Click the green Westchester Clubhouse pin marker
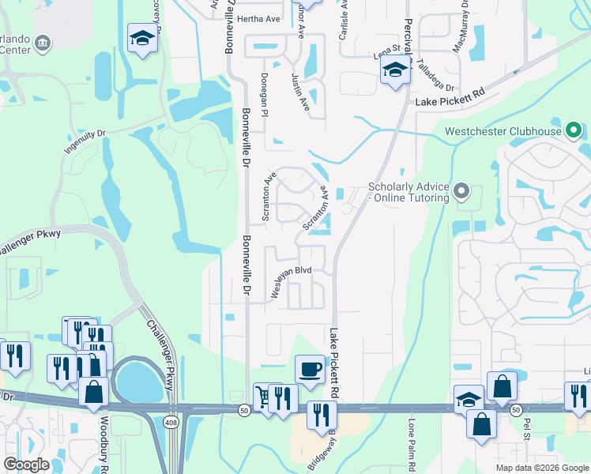click(x=577, y=130)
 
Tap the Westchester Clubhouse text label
click(x=503, y=131)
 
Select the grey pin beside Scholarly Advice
click(x=463, y=191)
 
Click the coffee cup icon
click(x=310, y=369)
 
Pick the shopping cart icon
click(x=263, y=394)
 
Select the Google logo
click(x=26, y=465)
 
